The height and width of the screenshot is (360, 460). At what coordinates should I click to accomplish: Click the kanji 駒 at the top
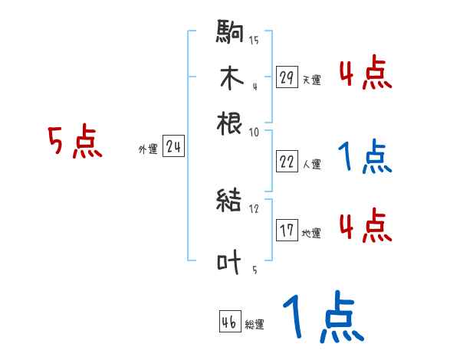click(x=230, y=33)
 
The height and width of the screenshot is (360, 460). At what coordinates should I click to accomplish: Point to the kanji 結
click(x=230, y=201)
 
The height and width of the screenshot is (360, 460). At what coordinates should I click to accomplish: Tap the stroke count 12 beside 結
click(x=254, y=208)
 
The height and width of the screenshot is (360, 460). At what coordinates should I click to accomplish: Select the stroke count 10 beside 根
click(x=254, y=133)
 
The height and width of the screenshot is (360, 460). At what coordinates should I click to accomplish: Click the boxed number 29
click(x=287, y=77)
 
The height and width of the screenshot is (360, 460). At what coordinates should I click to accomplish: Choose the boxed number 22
click(x=287, y=162)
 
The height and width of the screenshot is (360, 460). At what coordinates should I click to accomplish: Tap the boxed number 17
click(x=287, y=231)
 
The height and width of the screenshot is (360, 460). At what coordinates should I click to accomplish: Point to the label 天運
click(x=311, y=80)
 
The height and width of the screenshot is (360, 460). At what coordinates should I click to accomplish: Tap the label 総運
click(x=255, y=325)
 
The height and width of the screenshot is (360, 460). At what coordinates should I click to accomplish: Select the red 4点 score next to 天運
click(x=365, y=75)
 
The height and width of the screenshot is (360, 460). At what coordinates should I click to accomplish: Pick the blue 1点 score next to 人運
click(x=365, y=157)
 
